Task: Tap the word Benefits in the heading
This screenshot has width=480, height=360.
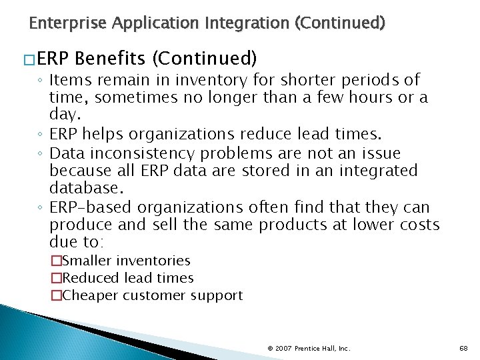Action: (111, 59)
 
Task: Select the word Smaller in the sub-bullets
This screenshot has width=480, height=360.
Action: (85, 261)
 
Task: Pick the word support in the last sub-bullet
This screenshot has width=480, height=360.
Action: (217, 296)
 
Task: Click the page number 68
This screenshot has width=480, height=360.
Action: (464, 348)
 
